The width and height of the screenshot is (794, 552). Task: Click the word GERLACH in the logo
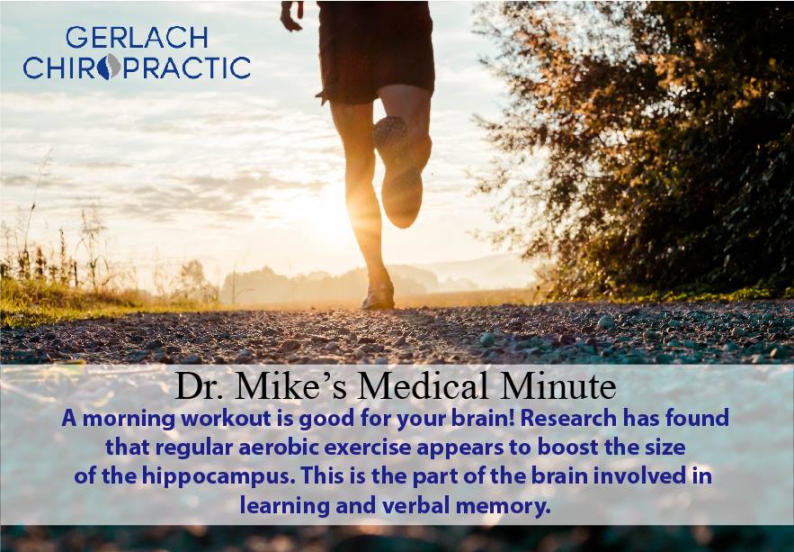click(137, 38)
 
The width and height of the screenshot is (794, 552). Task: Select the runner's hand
click(291, 15)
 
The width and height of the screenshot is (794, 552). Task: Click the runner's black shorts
click(375, 50)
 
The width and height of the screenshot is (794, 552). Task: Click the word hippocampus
click(219, 478)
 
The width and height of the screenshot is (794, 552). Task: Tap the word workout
click(227, 419)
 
